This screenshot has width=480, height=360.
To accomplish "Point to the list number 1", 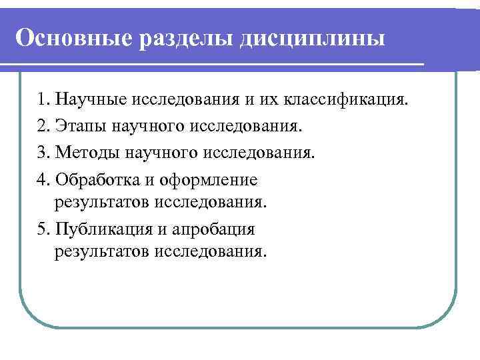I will tap(43, 100).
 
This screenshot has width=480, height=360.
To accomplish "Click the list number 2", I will tap(43, 127).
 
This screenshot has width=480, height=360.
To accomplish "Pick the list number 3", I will tap(43, 153).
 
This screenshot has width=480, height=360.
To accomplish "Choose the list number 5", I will tap(43, 230).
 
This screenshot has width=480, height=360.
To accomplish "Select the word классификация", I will tap(344, 100).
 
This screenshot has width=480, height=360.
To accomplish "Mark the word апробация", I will tap(213, 230).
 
